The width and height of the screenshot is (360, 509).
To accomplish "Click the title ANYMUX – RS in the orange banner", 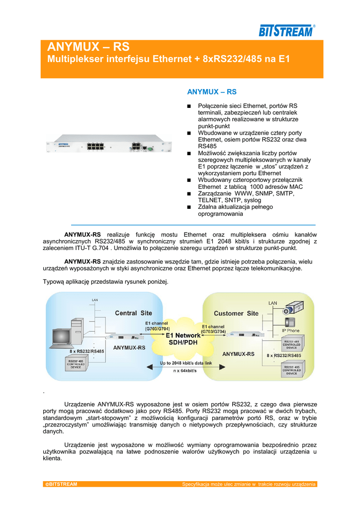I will pyautogui.click(x=88, y=47).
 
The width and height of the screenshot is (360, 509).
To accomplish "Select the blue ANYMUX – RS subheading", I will pyautogui.click(x=211, y=92).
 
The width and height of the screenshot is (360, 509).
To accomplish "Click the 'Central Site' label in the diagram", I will pyautogui.click(x=133, y=313).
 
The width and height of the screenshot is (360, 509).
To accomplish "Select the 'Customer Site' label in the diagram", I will pyautogui.click(x=236, y=313).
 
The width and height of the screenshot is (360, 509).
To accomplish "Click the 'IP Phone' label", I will pyautogui.click(x=291, y=331).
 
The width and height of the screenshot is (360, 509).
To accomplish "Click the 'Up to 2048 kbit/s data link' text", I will pyautogui.click(x=185, y=363).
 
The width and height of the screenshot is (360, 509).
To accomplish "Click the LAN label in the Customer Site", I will pyautogui.click(x=273, y=303).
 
